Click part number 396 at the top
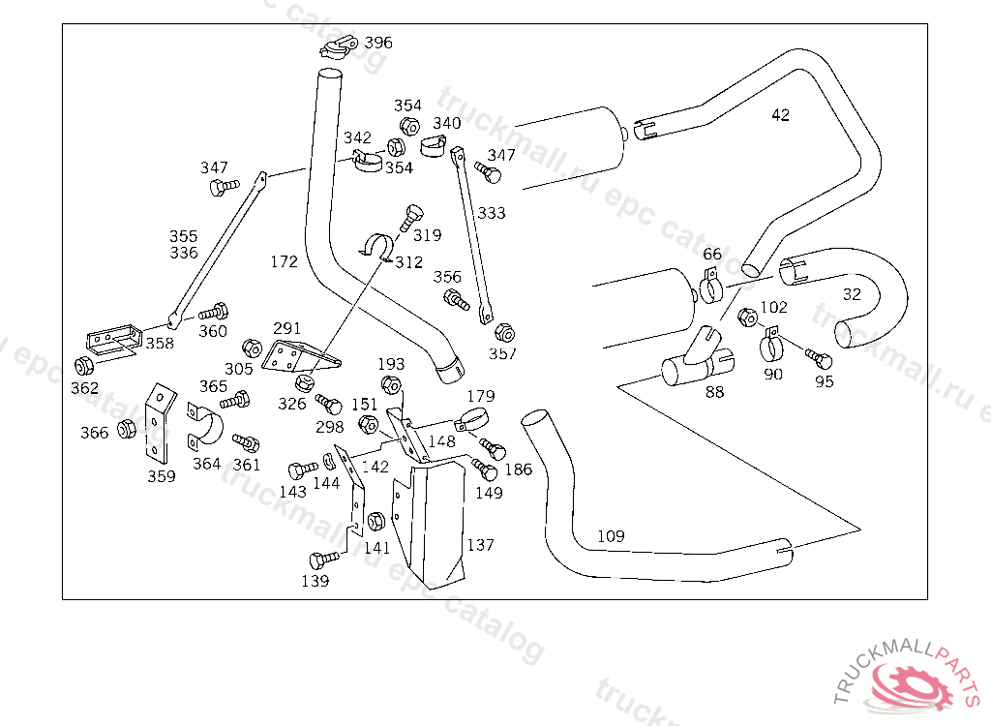(x=378, y=43)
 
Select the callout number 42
(x=781, y=115)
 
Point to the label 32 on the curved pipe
(x=852, y=294)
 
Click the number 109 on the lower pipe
(x=611, y=536)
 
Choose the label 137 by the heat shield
(x=480, y=545)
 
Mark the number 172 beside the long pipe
(x=285, y=261)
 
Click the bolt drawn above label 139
(x=322, y=559)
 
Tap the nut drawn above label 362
(x=84, y=366)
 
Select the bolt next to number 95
(x=818, y=358)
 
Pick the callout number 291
(x=287, y=328)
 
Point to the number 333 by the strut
(x=492, y=213)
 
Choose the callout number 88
(x=714, y=392)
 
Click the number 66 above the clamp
(x=712, y=255)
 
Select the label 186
(x=519, y=469)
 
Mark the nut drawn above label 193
(x=391, y=385)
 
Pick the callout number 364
(x=206, y=464)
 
